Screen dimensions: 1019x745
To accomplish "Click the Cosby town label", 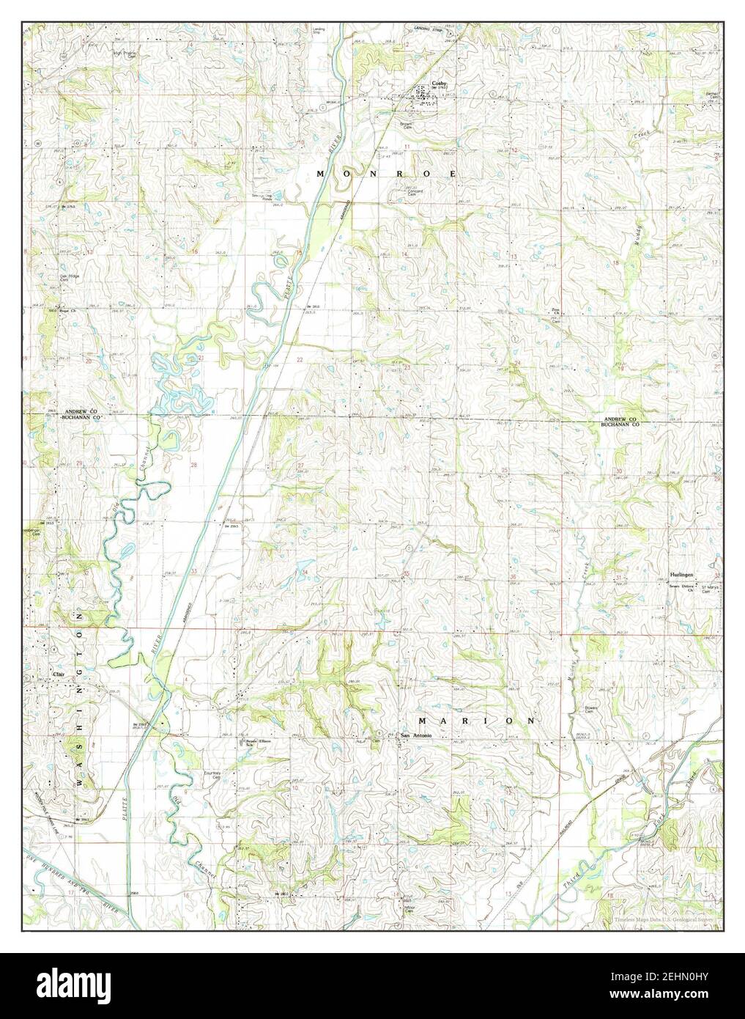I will point(439,84).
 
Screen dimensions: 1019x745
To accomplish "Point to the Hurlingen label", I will point(682,575).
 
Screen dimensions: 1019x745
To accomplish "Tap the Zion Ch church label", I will point(555,312).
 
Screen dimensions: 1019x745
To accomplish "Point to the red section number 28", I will point(194,465).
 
